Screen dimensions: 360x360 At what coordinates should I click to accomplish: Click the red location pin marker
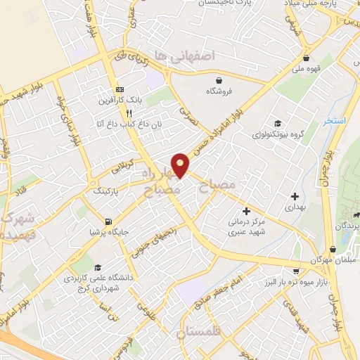pyautogui.click(x=181, y=165)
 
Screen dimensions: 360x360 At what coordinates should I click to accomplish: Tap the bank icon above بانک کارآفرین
pyautogui.click(x=120, y=90)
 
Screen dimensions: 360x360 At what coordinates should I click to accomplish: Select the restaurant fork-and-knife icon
pyautogui.click(x=129, y=112)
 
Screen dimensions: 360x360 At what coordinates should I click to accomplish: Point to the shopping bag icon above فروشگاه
pyautogui.click(x=219, y=80)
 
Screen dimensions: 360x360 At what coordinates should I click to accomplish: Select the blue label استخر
pyautogui.click(x=335, y=122)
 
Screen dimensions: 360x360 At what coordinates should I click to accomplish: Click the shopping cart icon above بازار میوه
pyautogui.click(x=296, y=270)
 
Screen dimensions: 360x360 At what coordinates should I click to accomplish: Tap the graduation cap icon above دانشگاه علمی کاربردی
pyautogui.click(x=97, y=267)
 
